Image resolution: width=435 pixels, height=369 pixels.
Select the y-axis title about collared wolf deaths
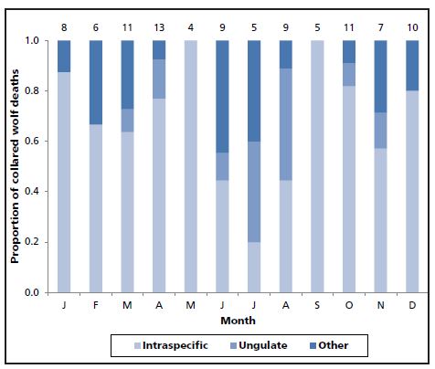point(16,166)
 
